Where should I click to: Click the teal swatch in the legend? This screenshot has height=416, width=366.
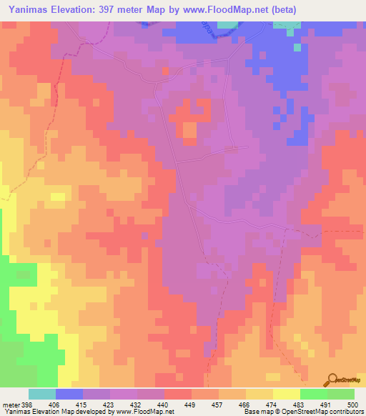(42, 394)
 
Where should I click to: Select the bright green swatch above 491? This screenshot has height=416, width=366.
(314, 394)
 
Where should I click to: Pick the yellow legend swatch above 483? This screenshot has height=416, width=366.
(287, 394)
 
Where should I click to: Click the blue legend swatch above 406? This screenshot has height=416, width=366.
(69, 394)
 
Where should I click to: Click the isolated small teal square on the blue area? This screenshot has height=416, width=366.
(296, 48)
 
